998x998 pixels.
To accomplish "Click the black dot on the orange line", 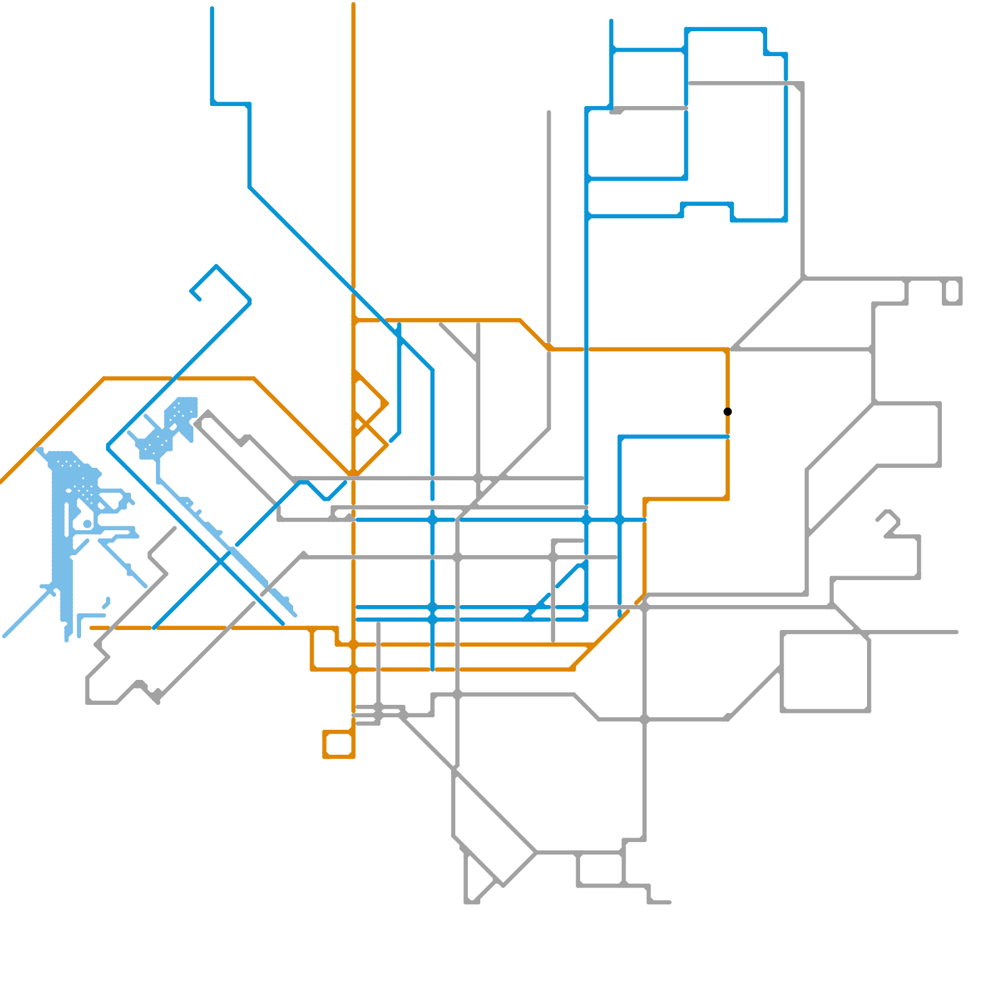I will tap(727, 412).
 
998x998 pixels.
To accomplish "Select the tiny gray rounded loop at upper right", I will tap(952, 292).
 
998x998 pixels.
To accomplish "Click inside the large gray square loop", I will tap(825, 672).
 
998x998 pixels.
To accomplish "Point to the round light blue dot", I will tap(87, 524).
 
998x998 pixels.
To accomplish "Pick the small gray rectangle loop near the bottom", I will tap(600, 869).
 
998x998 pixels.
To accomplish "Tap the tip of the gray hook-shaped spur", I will tap(878, 519).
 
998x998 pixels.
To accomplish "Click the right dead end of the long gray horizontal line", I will tap(957, 632).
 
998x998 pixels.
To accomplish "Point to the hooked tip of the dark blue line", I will tap(199, 299).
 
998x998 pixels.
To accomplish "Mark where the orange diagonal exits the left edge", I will tap(1, 482).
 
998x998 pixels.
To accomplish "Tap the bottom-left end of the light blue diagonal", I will tap(4, 637).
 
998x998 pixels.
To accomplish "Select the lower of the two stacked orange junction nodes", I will tap(353, 670).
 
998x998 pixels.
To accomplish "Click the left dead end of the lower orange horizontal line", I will tap(92, 628).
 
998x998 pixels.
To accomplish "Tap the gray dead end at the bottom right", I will tap(670, 902).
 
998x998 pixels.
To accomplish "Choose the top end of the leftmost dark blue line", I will tap(212, 9).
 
